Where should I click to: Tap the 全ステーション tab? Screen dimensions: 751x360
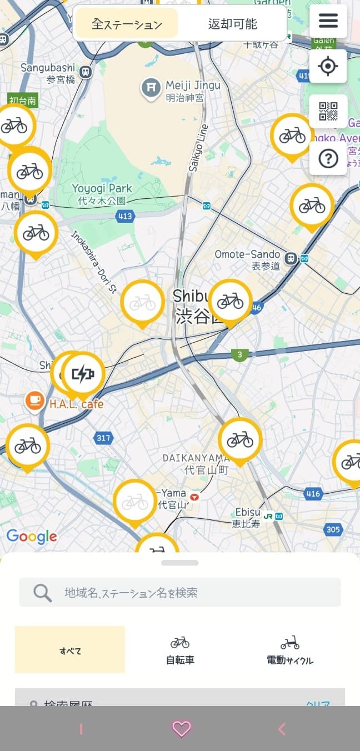click(127, 24)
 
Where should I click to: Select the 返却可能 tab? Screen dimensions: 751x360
click(232, 24)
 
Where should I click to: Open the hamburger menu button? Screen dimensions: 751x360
click(328, 21)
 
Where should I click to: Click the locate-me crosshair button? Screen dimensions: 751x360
click(328, 66)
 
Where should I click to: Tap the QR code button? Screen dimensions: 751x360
click(328, 111)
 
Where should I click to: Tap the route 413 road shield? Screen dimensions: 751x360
click(125, 216)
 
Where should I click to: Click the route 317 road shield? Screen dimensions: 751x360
click(103, 438)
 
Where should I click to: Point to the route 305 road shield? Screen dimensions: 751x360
click(333, 529)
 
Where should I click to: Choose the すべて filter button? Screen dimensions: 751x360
click(70, 650)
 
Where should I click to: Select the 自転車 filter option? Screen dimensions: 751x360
click(180, 650)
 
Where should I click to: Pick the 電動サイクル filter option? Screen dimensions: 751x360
click(289, 650)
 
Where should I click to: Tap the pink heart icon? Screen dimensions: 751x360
click(181, 728)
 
